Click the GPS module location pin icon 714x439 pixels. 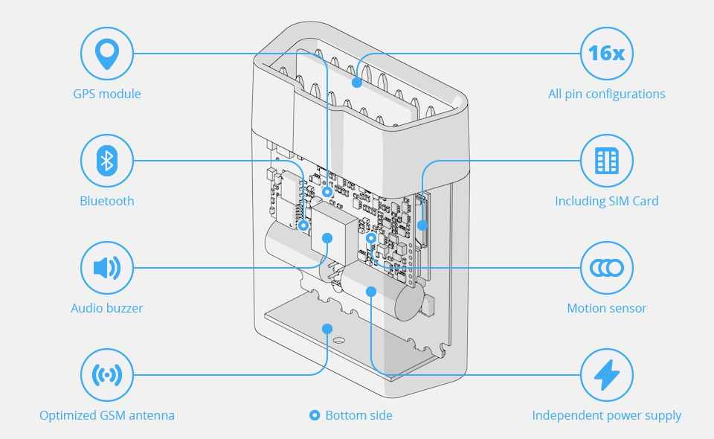tap(107, 54)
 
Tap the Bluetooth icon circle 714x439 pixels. tap(107, 161)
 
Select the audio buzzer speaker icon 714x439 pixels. tap(107, 268)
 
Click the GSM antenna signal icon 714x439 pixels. tap(107, 375)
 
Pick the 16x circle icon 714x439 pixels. tap(607, 54)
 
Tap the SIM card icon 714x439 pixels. tap(607, 161)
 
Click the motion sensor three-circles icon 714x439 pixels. tap(607, 268)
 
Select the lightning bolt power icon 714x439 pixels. tap(607, 375)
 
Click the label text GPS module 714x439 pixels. tap(107, 94)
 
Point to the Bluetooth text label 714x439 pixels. tap(107, 201)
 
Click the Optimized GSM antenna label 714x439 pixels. tap(107, 415)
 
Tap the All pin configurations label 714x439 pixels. tap(607, 94)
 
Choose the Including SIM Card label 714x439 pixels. tap(607, 201)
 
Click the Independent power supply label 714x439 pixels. tap(607, 415)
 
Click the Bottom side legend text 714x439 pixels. tap(358, 415)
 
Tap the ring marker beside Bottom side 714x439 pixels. tap(315, 415)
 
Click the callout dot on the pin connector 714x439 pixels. tap(357, 82)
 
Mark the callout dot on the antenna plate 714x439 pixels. tap(326, 328)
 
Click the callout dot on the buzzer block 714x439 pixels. tap(327, 237)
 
